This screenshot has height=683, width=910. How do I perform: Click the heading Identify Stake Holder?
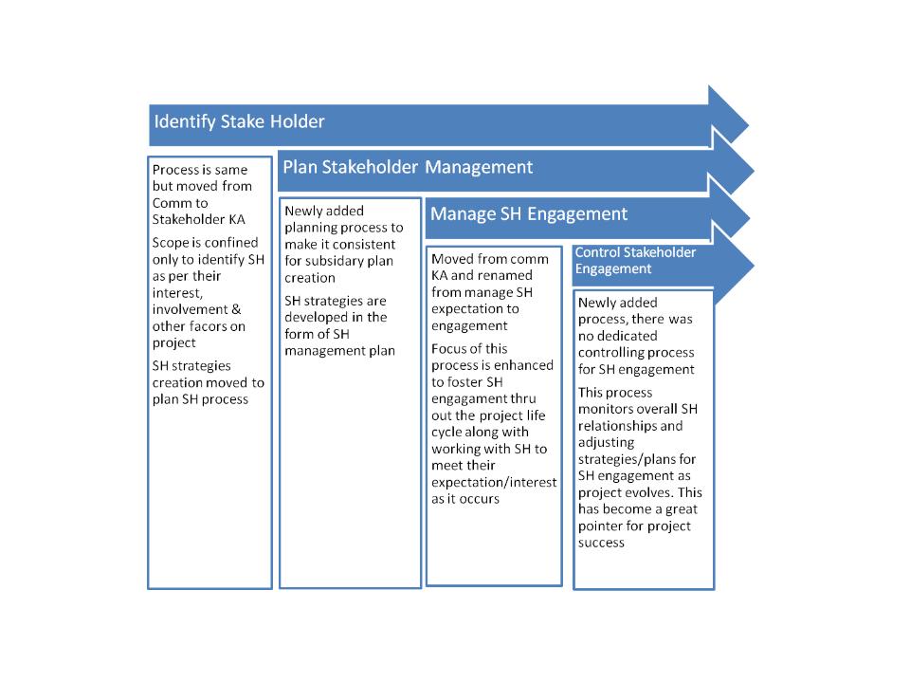click(x=239, y=122)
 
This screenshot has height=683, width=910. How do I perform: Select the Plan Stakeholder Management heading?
click(x=408, y=167)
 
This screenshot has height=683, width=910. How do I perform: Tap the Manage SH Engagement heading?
click(x=529, y=214)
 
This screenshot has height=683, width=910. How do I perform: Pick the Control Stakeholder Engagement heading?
click(x=635, y=260)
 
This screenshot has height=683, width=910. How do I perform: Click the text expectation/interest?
click(x=494, y=482)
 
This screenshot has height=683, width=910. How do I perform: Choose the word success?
click(x=601, y=543)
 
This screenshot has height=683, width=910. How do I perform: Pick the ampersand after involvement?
click(x=236, y=309)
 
